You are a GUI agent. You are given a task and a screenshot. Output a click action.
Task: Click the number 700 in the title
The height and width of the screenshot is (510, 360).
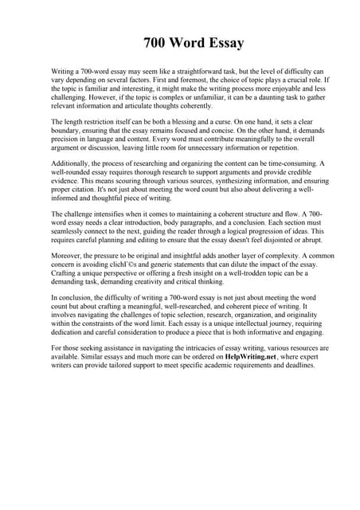click(x=158, y=42)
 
